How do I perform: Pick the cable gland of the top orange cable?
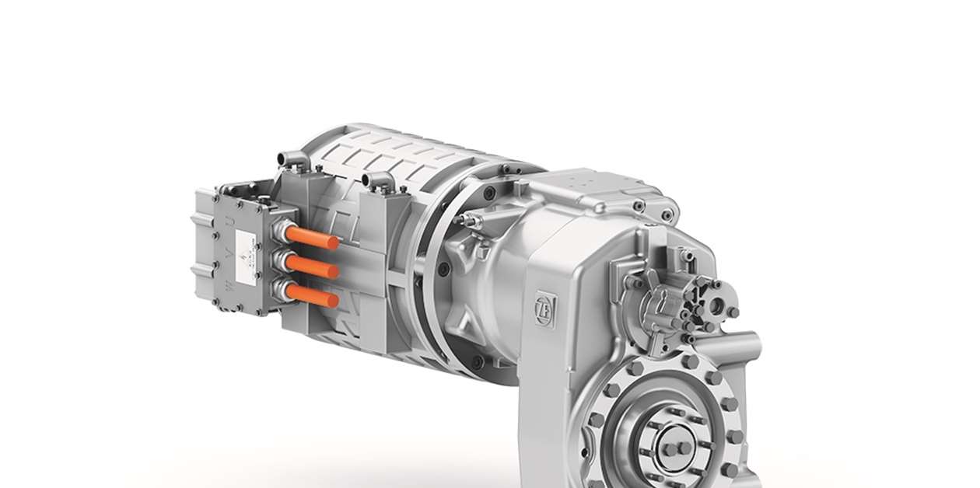tap(279, 231)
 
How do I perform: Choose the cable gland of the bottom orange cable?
tap(279, 291)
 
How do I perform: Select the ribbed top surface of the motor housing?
tap(389, 152)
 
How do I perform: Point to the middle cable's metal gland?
tap(279, 260)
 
